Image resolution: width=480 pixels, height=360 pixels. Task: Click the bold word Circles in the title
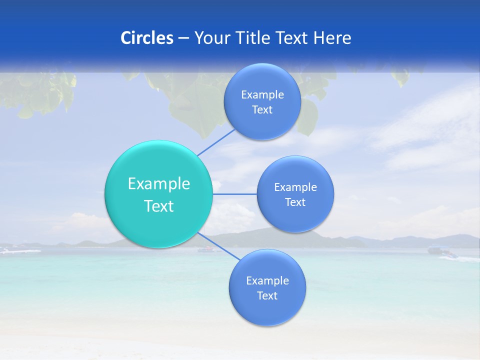click(147, 38)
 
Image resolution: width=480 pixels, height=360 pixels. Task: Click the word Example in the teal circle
click(159, 184)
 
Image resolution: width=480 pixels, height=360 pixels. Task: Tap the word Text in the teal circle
click(159, 206)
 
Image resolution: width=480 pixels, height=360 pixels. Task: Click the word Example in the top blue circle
click(262, 94)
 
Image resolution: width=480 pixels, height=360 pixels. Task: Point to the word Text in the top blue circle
click(262, 110)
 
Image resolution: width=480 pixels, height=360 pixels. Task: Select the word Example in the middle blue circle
click(295, 187)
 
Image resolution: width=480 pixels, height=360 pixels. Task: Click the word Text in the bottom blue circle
click(267, 295)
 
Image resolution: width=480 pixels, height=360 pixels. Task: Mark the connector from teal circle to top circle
click(215, 142)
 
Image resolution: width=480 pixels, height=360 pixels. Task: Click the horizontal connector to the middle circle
click(234, 194)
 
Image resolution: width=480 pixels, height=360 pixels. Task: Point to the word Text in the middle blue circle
click(295, 202)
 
